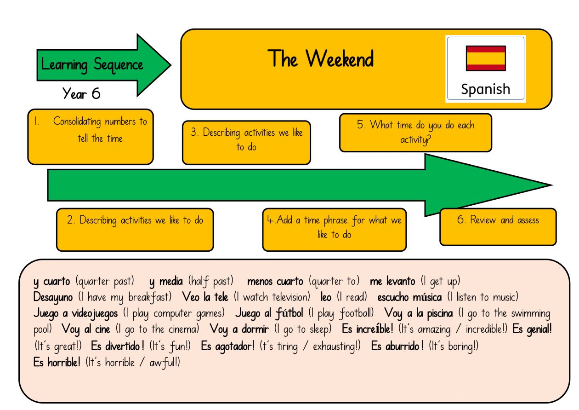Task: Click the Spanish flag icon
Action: click(x=486, y=58)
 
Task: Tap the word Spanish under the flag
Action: click(x=486, y=89)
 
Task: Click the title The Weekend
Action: click(x=321, y=58)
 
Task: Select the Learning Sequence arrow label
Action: click(x=92, y=64)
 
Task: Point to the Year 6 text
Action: click(x=81, y=93)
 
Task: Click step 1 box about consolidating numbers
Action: click(x=91, y=137)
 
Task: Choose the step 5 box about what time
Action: click(x=415, y=133)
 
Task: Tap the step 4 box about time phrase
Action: click(x=335, y=230)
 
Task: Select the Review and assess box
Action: click(x=498, y=227)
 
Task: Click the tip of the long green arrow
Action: click(x=552, y=185)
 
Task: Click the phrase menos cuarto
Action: click(x=275, y=281)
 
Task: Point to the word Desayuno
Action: click(x=53, y=298)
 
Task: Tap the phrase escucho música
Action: click(x=409, y=297)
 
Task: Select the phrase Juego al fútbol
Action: click(x=269, y=313)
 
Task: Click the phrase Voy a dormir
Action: click(x=239, y=329)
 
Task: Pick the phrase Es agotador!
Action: click(x=228, y=346)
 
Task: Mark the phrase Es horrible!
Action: click(x=57, y=363)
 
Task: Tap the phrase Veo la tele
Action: click(x=205, y=297)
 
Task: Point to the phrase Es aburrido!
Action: click(x=397, y=346)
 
